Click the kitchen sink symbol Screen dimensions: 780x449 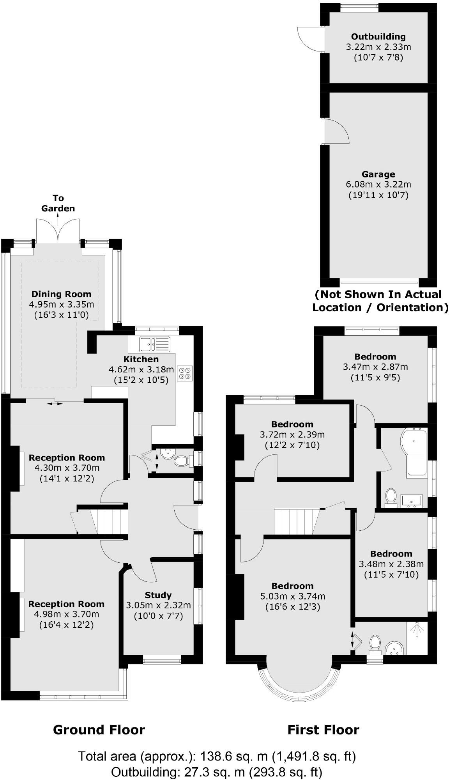point(154,344)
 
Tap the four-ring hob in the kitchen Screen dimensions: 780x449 point(185,372)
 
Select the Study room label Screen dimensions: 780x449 point(158,595)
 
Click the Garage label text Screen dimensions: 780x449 point(378,174)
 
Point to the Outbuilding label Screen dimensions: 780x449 point(378,37)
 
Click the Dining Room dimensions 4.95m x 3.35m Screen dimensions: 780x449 point(62,304)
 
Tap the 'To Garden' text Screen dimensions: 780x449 point(58,203)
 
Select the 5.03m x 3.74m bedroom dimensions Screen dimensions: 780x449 point(292,596)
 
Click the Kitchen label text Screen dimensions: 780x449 point(141,359)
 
